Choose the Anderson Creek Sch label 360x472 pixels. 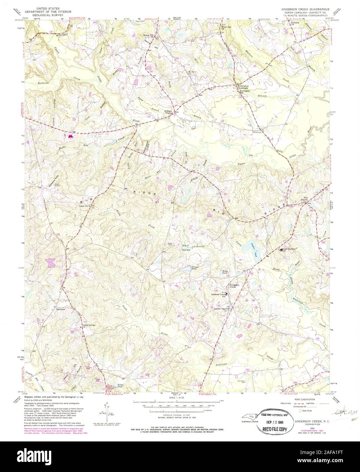point(218,295)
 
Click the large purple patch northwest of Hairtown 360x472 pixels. point(50,262)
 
